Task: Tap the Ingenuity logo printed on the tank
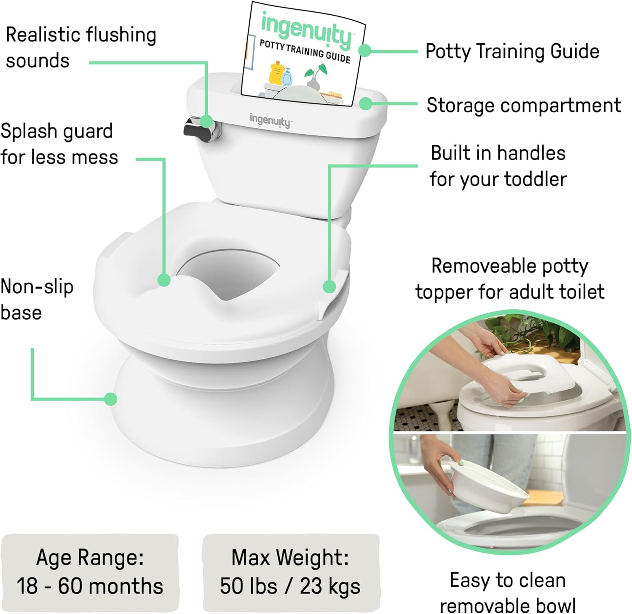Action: coord(270,120)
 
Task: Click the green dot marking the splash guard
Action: coord(164,280)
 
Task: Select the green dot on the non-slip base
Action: coord(110,399)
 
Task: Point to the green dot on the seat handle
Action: coord(329,287)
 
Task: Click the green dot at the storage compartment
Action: coord(365,104)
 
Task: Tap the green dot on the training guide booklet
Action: coord(364,51)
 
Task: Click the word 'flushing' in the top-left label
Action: coord(119,35)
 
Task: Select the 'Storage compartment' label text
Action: coord(523,105)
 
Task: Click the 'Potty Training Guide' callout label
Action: coord(512,51)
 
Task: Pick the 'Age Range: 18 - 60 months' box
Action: coord(90,572)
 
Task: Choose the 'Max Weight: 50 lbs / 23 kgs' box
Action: coord(290,572)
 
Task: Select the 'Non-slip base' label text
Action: coord(37,300)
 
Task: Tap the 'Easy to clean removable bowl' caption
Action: coord(508,593)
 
